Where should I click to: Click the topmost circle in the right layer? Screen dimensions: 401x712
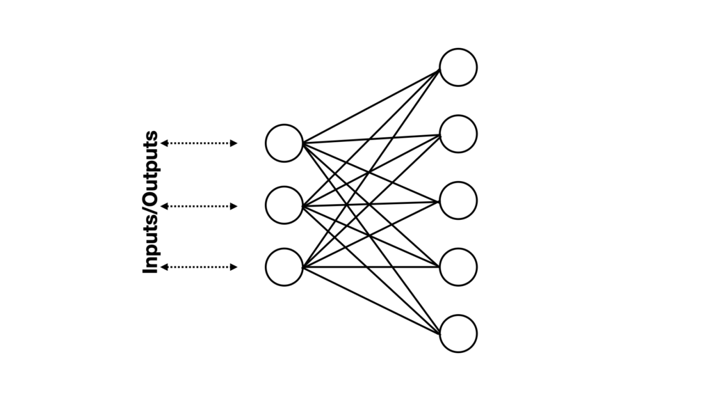pyautogui.click(x=458, y=68)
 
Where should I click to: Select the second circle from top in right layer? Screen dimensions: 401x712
pyautogui.click(x=458, y=134)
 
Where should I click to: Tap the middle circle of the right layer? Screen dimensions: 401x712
pyautogui.click(x=458, y=200)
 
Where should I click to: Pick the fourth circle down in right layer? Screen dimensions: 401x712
pyautogui.click(x=458, y=267)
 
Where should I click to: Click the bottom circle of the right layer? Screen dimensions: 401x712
pyautogui.click(x=458, y=333)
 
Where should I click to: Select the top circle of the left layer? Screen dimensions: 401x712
pyautogui.click(x=284, y=143)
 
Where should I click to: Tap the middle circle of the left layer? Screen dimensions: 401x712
pyautogui.click(x=284, y=205)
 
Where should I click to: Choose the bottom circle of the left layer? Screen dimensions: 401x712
pyautogui.click(x=284, y=267)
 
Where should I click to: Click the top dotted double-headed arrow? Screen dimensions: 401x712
pyautogui.click(x=200, y=143)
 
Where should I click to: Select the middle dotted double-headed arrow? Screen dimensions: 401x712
pyautogui.click(x=200, y=206)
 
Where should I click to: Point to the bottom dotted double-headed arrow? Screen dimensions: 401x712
pyautogui.click(x=200, y=267)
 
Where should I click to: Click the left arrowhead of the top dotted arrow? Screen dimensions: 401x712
pyautogui.click(x=165, y=143)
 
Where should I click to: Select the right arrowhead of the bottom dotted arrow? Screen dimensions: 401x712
pyautogui.click(x=234, y=267)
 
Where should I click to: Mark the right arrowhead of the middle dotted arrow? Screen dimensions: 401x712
pyautogui.click(x=234, y=206)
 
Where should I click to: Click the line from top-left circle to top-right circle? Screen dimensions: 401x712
pyautogui.click(x=371, y=106)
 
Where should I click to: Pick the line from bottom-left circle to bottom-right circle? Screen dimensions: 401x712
pyautogui.click(x=371, y=300)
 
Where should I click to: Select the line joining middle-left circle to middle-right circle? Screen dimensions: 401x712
pyautogui.click(x=371, y=203)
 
